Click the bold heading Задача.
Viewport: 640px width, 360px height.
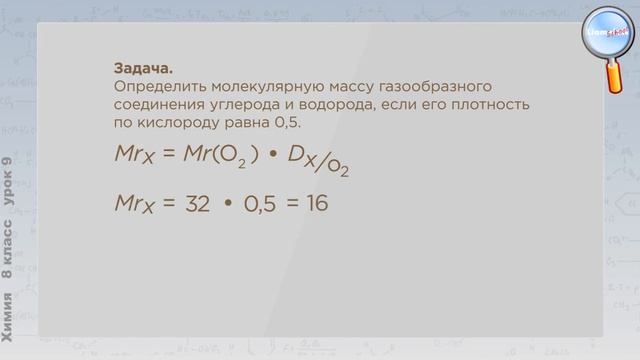[143, 69]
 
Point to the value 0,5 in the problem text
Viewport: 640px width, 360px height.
[287, 123]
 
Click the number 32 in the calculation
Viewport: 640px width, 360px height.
[197, 203]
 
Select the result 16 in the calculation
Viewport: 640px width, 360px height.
[317, 203]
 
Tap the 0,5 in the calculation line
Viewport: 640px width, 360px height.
[259, 203]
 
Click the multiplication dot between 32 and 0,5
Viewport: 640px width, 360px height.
[227, 203]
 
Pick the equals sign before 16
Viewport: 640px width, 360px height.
[292, 203]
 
